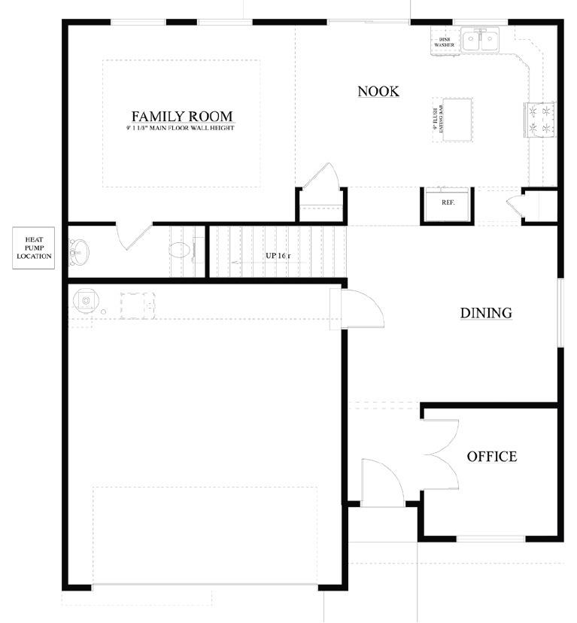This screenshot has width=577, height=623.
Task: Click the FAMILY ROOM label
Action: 182,117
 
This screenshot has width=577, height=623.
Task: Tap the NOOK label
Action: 378,92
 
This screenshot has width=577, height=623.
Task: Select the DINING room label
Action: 486,313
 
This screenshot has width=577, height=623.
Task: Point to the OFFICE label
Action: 491,457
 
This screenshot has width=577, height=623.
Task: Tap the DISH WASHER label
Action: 443,42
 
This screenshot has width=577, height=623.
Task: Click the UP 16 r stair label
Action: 278,256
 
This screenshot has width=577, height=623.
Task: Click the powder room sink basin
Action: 79,251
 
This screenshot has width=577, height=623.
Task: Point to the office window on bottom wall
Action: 490,538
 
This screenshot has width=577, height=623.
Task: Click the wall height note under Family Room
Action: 181,129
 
